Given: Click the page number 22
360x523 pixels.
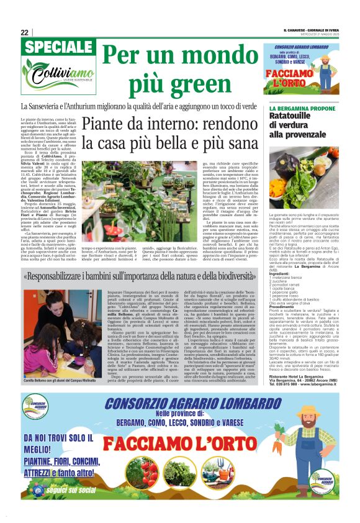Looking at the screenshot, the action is (24, 32).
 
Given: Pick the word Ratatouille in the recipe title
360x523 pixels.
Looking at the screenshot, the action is (291, 116).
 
